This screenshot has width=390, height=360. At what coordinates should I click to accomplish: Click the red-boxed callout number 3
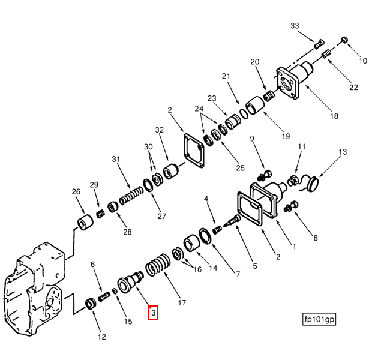[x=153, y=313]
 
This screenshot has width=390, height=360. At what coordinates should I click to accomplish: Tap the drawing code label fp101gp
[x=319, y=319]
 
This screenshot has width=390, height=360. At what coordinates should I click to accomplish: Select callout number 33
[x=295, y=26]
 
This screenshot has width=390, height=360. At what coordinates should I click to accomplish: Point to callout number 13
[x=343, y=152]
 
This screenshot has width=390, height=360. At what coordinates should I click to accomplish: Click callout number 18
[x=334, y=116]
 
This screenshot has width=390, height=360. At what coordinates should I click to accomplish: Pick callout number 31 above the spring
[x=116, y=159]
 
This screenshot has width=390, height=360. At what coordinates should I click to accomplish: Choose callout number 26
[x=76, y=192]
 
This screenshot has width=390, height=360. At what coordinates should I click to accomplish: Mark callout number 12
[x=101, y=337]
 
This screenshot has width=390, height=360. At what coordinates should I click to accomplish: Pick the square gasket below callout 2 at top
[x=191, y=150]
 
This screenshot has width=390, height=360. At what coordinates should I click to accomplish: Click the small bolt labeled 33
[x=319, y=43]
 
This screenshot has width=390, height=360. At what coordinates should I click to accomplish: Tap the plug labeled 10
[x=345, y=40]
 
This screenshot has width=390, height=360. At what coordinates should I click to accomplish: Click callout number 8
[x=316, y=237]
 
